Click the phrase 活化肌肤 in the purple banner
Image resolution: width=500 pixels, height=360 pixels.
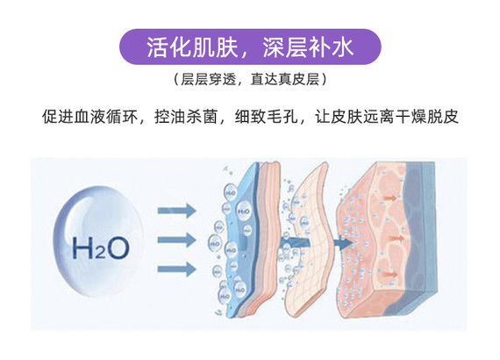coord(192,47)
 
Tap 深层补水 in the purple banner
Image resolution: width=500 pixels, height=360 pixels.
coord(308,47)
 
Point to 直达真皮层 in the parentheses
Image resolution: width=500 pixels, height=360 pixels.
coord(285,80)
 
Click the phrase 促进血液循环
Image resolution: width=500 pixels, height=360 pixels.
coord(90,117)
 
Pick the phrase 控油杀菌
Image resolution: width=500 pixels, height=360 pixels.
coord(186,117)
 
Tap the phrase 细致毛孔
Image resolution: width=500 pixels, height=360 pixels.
coord(266,117)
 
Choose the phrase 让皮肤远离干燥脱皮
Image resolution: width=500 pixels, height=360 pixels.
coord(387,117)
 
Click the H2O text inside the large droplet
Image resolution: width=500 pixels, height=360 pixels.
coord(101,247)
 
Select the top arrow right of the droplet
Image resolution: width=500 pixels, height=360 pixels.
coord(176,211)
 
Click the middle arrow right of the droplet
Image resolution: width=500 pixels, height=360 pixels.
coord(176,240)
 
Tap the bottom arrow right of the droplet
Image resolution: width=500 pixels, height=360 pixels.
coord(176,269)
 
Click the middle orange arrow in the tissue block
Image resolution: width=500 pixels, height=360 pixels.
coord(396,238)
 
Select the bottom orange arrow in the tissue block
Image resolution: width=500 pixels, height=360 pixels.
coord(389,274)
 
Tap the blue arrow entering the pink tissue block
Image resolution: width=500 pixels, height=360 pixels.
coord(343,243)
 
